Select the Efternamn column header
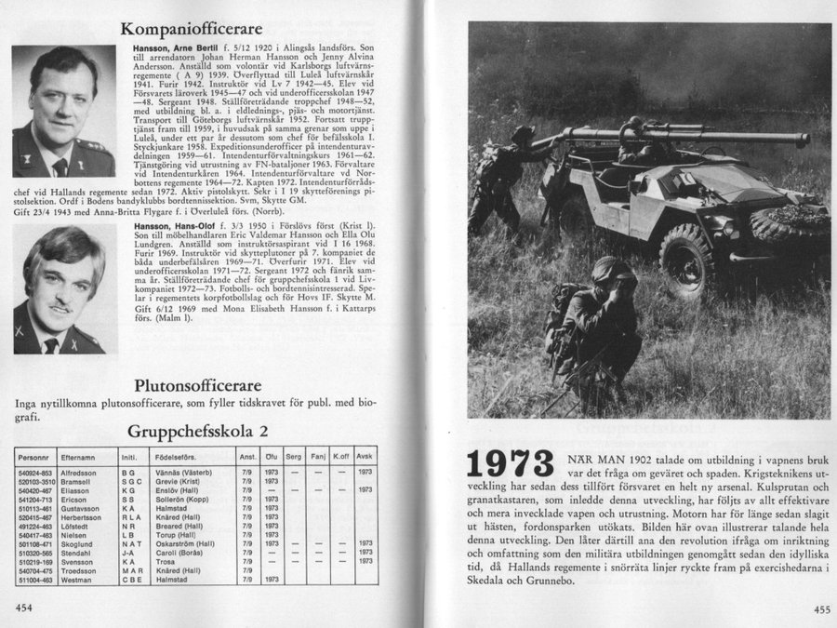pyautogui.click(x=78, y=457)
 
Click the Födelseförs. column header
pyautogui.click(x=174, y=457)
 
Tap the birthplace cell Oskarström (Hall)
pyautogui.click(x=180, y=543)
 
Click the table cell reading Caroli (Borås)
pyautogui.click(x=174, y=553)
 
